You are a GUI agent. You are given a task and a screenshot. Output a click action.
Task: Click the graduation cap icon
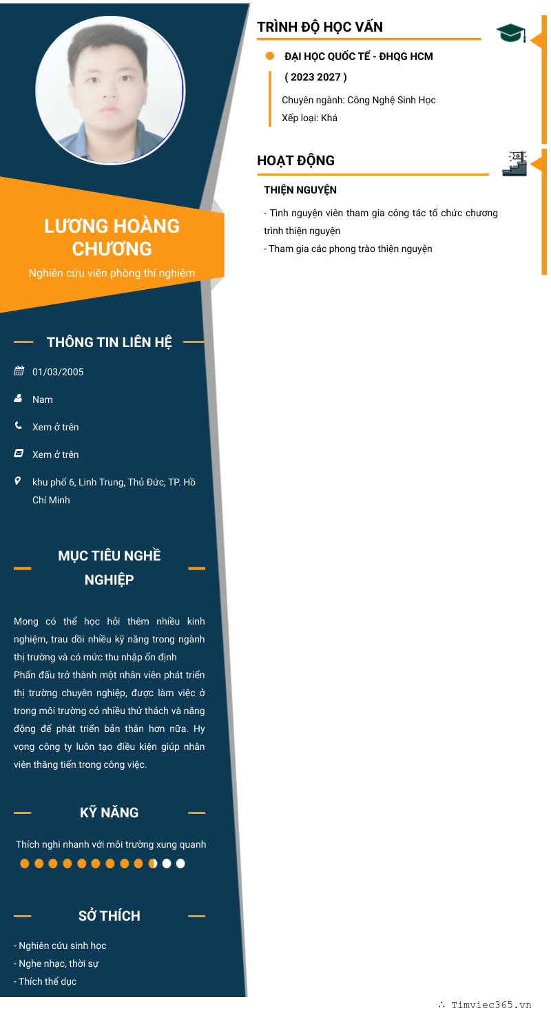click(510, 32)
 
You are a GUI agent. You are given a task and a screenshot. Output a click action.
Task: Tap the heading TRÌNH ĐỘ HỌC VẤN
click(320, 28)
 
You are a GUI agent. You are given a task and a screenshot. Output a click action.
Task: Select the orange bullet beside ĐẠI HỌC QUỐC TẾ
click(270, 56)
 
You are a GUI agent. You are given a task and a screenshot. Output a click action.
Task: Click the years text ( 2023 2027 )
click(315, 77)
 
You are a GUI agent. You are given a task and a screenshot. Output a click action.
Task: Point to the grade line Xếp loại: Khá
click(309, 118)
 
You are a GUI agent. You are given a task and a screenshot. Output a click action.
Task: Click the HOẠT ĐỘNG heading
click(295, 160)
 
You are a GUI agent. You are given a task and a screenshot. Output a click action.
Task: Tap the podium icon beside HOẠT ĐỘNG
click(514, 163)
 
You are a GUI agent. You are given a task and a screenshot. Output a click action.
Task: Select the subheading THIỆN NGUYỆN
click(300, 190)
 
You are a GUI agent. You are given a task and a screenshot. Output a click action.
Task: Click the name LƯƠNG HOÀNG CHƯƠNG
click(112, 237)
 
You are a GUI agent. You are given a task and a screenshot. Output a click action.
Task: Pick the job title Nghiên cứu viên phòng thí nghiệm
click(112, 273)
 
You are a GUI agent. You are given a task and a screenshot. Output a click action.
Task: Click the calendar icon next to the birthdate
click(19, 371)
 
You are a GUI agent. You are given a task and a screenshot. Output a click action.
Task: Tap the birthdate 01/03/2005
click(58, 372)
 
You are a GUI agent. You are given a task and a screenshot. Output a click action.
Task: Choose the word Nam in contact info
click(43, 399)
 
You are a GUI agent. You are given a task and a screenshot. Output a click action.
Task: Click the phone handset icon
click(19, 426)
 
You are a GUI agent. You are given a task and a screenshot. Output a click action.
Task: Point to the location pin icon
click(18, 481)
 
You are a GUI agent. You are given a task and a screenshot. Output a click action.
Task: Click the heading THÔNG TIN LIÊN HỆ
click(110, 342)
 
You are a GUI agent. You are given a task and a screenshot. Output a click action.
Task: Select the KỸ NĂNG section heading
click(109, 813)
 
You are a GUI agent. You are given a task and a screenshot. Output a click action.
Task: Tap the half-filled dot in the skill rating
click(153, 864)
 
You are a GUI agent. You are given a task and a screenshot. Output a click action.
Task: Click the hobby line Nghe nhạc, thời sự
click(59, 963)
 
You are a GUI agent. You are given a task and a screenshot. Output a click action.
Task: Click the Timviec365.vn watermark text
click(490, 1005)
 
